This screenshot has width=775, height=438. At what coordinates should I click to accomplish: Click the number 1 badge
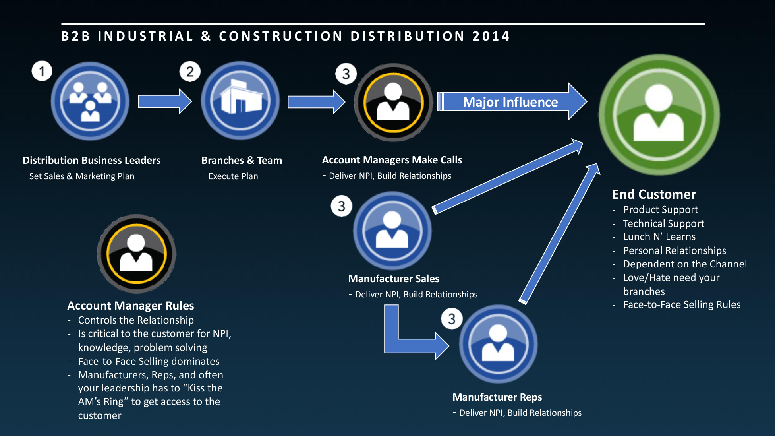[x=42, y=72]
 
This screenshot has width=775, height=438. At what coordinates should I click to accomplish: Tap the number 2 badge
[x=190, y=72]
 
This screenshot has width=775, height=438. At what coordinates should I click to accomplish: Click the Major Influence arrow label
[x=510, y=102]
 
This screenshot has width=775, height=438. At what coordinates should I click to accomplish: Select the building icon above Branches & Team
[x=240, y=100]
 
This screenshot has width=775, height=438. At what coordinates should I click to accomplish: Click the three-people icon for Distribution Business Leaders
[x=90, y=101]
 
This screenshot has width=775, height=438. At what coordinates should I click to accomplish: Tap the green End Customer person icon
[x=659, y=115]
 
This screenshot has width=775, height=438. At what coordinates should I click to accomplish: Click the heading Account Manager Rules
[x=130, y=306]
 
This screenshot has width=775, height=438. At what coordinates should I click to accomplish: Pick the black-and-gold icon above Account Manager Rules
[x=136, y=254]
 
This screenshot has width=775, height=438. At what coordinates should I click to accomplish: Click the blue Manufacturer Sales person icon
[x=392, y=231]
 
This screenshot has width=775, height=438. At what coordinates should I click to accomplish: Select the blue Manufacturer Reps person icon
[x=498, y=344]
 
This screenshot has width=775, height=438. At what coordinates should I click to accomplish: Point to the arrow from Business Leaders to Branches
[x=164, y=101]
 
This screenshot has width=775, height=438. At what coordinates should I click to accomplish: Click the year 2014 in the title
[x=491, y=36]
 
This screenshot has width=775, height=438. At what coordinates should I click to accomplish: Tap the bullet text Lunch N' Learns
[x=659, y=237]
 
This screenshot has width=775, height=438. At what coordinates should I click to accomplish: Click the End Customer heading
[x=654, y=194]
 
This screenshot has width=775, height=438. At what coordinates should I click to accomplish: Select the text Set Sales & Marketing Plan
[x=81, y=176]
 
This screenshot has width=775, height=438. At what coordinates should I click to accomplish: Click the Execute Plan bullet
[x=233, y=176]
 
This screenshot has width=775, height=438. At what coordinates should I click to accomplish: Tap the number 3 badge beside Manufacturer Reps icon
[x=452, y=319]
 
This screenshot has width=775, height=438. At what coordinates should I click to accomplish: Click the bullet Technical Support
[x=663, y=223]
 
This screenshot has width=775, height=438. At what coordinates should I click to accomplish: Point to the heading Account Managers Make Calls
[x=392, y=160]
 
